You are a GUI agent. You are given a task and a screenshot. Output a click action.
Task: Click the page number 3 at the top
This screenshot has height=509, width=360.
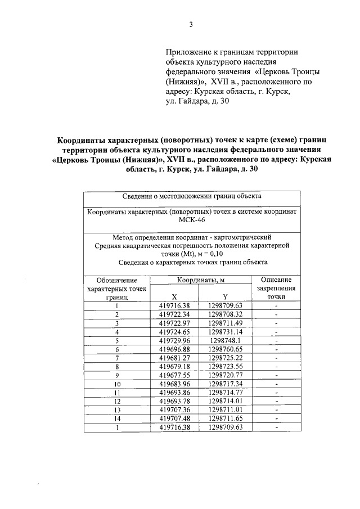coord(191,24)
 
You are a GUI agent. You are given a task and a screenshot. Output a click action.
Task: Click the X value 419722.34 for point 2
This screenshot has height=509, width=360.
coord(175,314)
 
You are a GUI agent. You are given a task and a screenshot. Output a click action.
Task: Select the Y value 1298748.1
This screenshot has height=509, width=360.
coord(225,340)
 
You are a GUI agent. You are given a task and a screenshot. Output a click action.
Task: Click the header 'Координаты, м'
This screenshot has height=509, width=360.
coord(200,280)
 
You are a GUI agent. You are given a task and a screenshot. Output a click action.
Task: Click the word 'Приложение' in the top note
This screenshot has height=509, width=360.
coord(188,52)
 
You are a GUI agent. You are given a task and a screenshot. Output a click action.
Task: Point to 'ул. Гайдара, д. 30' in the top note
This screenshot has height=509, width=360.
coord(197,101)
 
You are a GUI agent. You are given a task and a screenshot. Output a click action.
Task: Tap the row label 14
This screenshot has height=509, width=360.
coord(117,419)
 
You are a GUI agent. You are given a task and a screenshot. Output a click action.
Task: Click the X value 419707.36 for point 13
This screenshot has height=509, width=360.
coord(175,410)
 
